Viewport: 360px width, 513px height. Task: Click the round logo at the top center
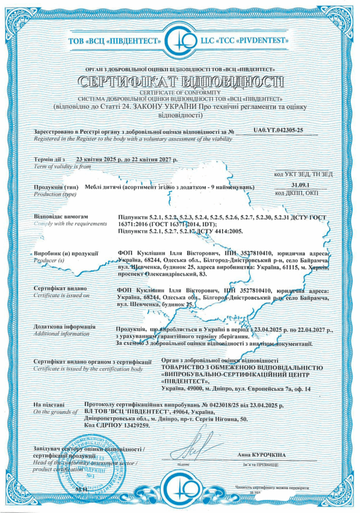click(180, 39)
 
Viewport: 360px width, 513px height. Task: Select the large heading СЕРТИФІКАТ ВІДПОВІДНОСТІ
click(180, 81)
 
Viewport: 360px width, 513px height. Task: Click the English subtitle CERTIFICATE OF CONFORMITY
click(180, 92)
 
